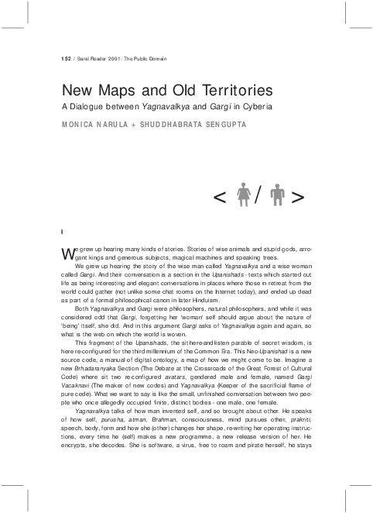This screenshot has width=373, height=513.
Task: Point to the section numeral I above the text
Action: [x=61, y=231]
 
